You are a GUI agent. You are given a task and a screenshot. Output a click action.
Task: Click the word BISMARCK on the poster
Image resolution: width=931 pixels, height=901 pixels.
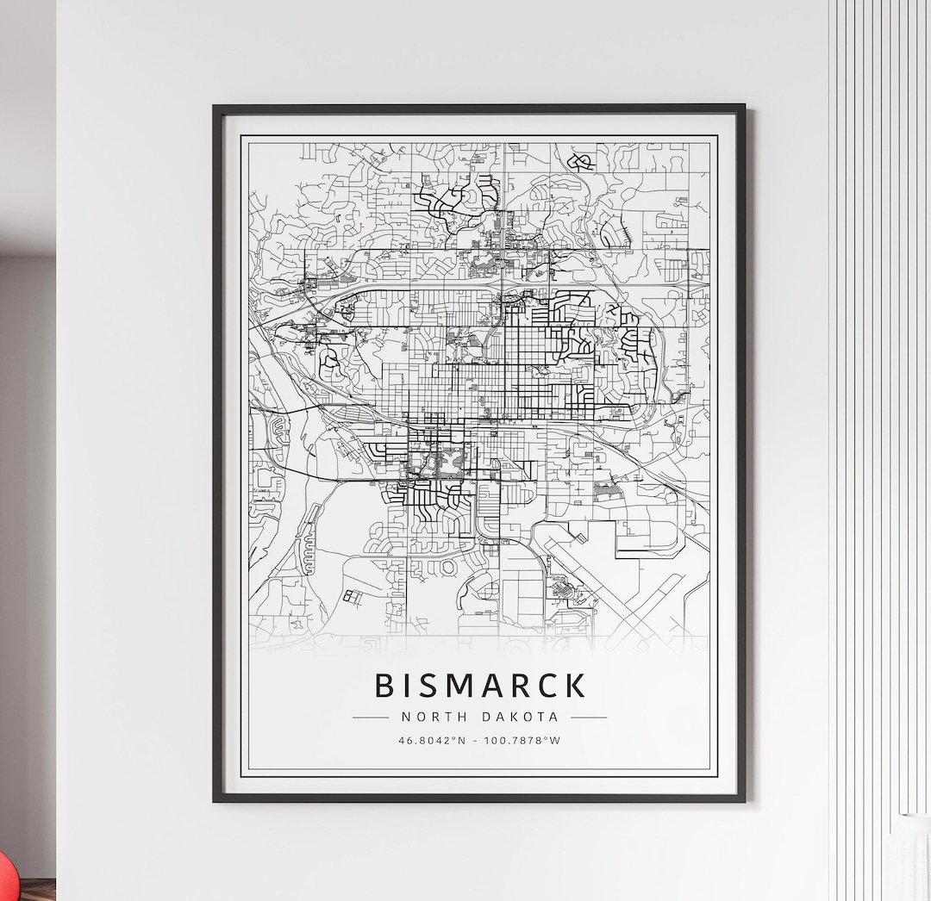coord(480,686)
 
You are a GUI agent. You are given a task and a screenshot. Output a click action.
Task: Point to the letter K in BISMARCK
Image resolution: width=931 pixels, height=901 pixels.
coord(575,686)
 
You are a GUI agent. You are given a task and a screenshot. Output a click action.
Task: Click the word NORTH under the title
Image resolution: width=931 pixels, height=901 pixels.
coord(434,717)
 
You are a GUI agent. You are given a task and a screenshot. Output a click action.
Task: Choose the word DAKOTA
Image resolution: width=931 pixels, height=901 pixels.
coord(521,717)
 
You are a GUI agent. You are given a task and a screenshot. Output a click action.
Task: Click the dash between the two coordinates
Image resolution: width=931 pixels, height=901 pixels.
coord(478,740)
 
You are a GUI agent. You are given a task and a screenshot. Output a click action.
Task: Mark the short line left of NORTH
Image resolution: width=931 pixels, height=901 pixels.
coord(371,717)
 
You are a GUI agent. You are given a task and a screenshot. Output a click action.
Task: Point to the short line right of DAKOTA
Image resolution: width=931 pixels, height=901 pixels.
coord(589,717)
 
